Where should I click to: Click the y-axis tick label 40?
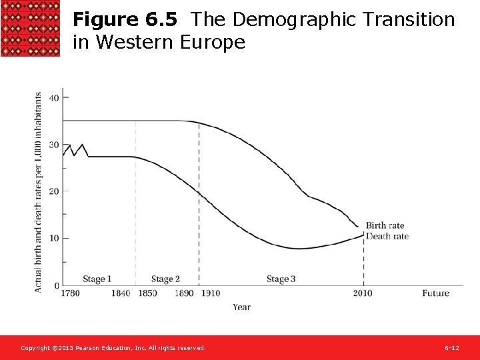tap(54, 98)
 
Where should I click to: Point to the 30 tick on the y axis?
tap(54, 145)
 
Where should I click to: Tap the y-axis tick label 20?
tap(54, 191)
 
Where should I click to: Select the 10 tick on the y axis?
tap(54, 239)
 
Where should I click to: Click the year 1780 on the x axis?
tap(71, 293)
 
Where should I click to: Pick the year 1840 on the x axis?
tap(121, 293)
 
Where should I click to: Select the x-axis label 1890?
tap(184, 293)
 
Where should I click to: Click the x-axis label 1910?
tap(210, 293)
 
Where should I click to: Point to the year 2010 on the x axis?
tap(363, 293)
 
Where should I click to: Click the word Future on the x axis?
tap(435, 293)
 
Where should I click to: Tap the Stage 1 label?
tap(97, 279)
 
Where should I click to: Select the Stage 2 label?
tap(165, 279)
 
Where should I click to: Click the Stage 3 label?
tap(281, 279)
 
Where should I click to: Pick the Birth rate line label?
tap(385, 226)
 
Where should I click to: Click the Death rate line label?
tap(387, 236)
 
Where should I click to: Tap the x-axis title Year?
tap(241, 307)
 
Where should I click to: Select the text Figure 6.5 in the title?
tap(125, 20)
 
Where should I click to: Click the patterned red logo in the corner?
tap(30, 29)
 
